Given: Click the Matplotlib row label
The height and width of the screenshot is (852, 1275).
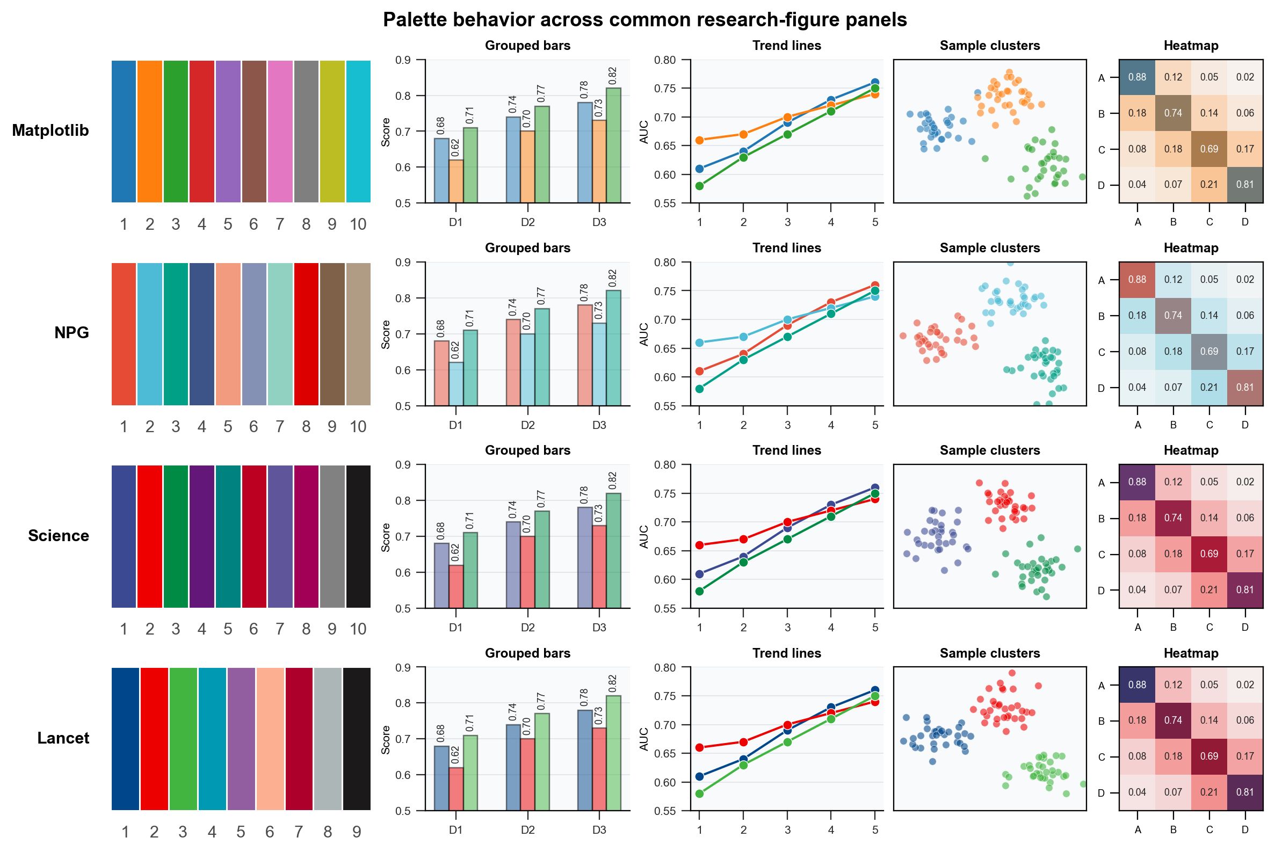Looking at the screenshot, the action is click(x=50, y=130).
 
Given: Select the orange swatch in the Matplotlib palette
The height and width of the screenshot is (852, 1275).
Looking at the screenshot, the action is click(x=149, y=132).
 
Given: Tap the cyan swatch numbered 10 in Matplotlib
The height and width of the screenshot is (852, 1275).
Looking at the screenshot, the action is click(x=358, y=132).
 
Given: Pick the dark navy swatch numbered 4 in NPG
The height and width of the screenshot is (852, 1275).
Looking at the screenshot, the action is click(x=201, y=334).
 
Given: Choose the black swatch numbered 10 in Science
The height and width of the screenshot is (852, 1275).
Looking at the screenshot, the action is click(x=358, y=536).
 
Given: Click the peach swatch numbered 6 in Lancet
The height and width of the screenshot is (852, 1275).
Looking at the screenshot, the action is click(x=270, y=739).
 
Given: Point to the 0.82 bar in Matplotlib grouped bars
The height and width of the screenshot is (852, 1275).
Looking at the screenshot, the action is click(x=613, y=145).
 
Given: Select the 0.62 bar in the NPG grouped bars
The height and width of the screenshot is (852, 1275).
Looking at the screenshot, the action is click(x=455, y=384).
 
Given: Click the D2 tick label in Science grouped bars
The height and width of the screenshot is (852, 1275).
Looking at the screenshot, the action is click(x=527, y=628).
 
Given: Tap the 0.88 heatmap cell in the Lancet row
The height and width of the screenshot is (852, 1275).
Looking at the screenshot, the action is click(x=1137, y=684).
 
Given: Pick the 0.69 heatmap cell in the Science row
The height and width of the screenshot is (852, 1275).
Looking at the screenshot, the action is click(x=1209, y=554).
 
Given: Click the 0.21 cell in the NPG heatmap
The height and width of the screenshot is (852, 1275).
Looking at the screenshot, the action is click(x=1209, y=388).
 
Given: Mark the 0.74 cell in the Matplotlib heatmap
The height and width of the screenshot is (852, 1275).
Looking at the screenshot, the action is click(x=1173, y=113).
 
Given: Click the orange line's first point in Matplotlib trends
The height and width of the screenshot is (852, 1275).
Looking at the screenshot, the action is click(x=699, y=140).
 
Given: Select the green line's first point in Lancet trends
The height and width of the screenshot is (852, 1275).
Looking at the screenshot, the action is click(x=699, y=794).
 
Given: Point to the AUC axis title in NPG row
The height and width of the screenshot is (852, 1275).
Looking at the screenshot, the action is click(x=644, y=334).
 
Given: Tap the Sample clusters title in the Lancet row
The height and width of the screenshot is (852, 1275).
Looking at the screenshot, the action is click(x=990, y=653).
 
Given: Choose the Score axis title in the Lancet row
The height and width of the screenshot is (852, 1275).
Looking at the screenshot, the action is click(x=385, y=739).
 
